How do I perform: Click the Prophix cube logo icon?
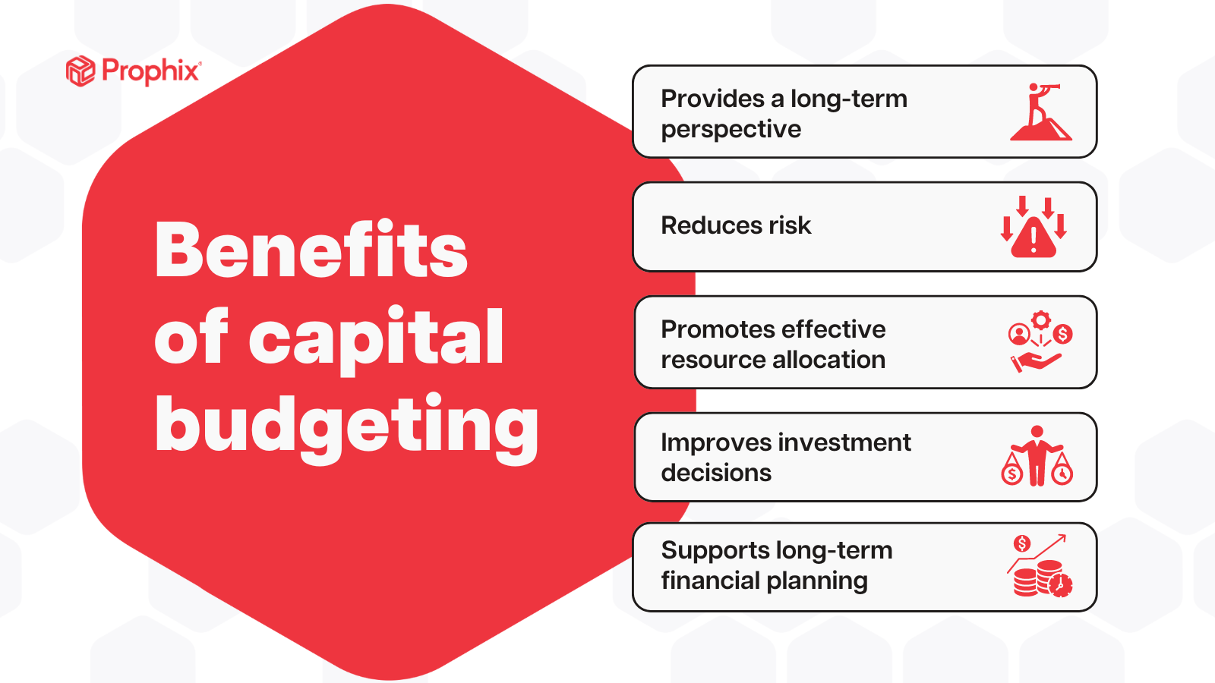[x=80, y=71]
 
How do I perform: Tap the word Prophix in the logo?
[x=151, y=71]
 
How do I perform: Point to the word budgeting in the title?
[x=346, y=425]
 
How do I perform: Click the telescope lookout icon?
[x=1040, y=112]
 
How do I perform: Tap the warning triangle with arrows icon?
[x=1034, y=227]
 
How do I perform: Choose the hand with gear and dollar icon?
[x=1040, y=341]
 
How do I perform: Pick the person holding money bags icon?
[x=1037, y=457]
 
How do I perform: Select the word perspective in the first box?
[x=731, y=130]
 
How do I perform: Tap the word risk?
[x=790, y=225]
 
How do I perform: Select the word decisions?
[x=716, y=473]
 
